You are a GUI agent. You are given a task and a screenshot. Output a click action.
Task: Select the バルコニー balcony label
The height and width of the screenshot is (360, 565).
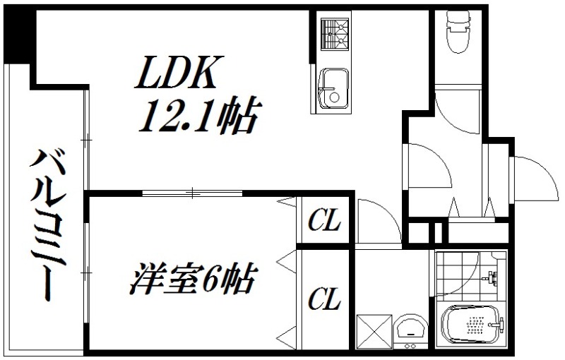tap(44, 224)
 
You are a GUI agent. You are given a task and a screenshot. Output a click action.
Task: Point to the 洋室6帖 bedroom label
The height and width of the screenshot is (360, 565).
tap(192, 280)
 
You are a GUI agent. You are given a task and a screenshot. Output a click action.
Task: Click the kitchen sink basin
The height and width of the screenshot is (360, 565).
tap(331, 88)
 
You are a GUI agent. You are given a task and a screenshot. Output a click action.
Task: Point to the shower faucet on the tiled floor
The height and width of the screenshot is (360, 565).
tap(492, 277)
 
